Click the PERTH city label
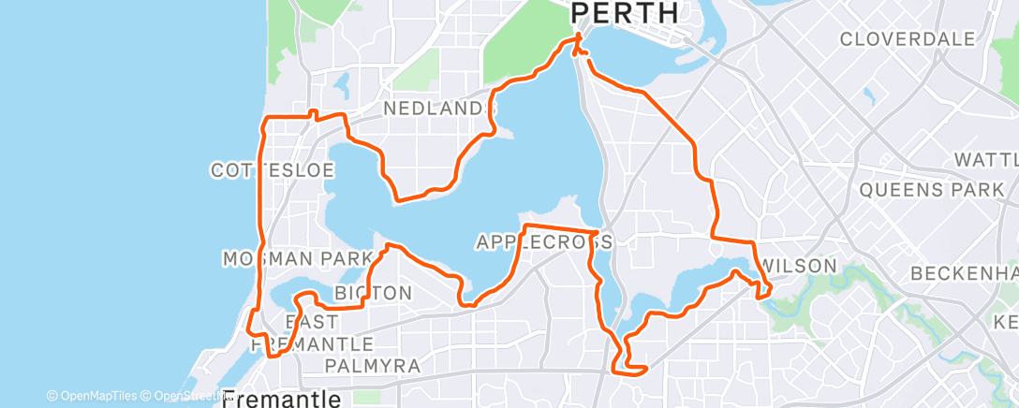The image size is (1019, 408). (625, 13)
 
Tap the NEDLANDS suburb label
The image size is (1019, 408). (434, 109)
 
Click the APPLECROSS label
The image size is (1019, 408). (543, 242)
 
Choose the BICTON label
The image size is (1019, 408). (373, 293)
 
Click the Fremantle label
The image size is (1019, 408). (282, 400)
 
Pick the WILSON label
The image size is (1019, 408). (799, 267)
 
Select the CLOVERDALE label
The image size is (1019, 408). (908, 39)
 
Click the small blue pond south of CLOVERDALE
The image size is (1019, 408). (870, 95)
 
